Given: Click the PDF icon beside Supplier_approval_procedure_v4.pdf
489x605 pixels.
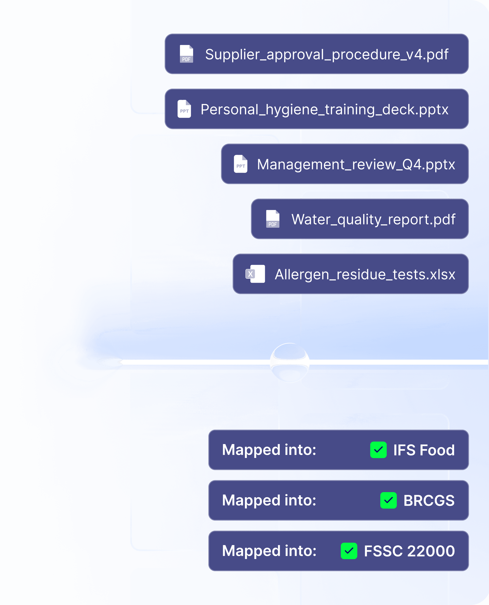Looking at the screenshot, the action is tap(187, 54).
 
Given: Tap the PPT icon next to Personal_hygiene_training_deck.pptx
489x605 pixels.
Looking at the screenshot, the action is tap(184, 109).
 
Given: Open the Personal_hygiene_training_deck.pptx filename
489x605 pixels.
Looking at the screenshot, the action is tap(324, 109).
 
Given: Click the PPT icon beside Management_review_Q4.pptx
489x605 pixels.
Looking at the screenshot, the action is tap(241, 164).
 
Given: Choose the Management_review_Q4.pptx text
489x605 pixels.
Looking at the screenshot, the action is tap(356, 164).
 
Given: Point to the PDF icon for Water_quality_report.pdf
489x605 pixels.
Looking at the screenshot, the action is tap(273, 219).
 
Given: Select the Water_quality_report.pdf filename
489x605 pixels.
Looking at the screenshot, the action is tap(373, 219).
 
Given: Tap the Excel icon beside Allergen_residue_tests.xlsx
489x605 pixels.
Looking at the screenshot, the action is tap(255, 274).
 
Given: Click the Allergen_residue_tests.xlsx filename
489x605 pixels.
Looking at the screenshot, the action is tap(365, 274).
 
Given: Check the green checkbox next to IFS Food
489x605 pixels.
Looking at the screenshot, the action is tap(378, 450).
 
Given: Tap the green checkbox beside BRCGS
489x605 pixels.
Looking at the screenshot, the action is tap(388, 500).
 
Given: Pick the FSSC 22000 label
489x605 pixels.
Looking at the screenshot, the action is tap(409, 551).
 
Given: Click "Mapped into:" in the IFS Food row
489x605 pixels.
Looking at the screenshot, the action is tap(269, 450).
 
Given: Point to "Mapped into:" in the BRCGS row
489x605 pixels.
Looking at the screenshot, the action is tap(269, 500).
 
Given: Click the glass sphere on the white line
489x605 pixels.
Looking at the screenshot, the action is tap(290, 363).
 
